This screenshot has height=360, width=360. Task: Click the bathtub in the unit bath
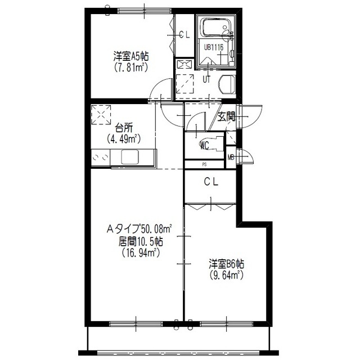215,28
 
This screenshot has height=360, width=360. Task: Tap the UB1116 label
214,47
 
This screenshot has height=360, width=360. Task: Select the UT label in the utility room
206,79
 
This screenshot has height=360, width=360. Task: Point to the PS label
204,164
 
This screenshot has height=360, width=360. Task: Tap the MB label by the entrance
231,157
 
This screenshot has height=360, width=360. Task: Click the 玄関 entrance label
226,117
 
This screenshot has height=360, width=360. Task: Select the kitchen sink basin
130,157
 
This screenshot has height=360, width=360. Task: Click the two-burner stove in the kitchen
101,157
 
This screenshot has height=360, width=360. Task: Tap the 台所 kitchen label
124,128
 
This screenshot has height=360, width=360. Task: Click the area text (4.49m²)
124,139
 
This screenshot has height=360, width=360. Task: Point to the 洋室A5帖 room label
131,56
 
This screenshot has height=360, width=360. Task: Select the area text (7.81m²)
130,67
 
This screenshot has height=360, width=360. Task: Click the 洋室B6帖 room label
226,264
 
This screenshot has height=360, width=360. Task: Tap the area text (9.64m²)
226,275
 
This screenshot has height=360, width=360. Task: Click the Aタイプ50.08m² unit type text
139,229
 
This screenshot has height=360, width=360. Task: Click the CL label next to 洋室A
184,35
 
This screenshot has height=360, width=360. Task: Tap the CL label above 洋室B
211,182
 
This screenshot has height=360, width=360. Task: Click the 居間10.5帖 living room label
141,241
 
